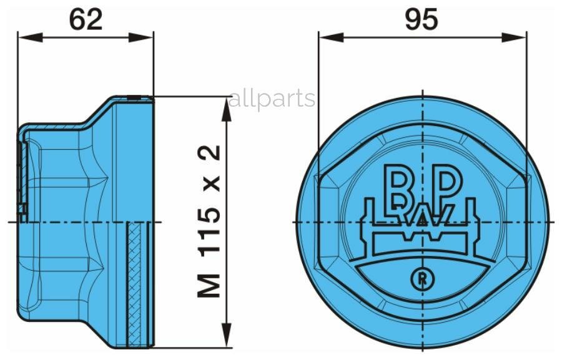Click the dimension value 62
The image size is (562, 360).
click(86, 20)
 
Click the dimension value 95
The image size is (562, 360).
click(421, 20)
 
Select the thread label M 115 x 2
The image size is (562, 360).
click(210, 221)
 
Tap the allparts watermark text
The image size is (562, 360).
click(272, 99)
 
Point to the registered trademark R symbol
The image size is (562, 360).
click(422, 278)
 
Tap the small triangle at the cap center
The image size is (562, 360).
click(423, 219)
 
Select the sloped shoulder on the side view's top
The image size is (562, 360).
click(97, 115)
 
